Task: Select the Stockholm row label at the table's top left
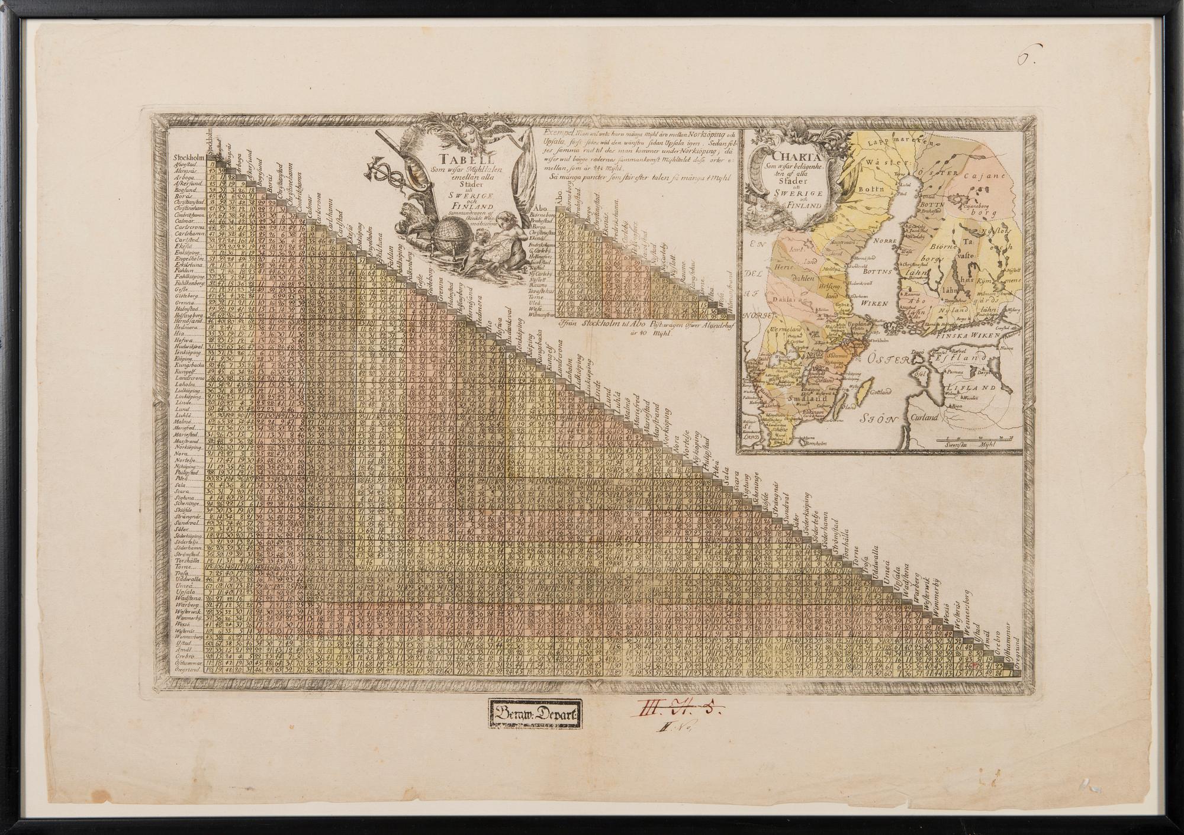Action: pos(188,158)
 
